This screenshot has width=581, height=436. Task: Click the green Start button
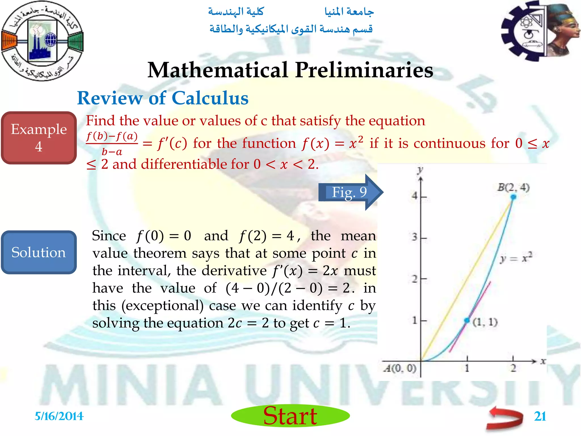[290, 416]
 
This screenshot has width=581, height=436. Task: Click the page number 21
[540, 416]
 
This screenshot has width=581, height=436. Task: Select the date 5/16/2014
[59, 416]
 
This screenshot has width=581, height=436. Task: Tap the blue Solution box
[39, 252]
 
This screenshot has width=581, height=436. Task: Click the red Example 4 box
[39, 138]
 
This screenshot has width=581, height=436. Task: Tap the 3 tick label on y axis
[414, 237]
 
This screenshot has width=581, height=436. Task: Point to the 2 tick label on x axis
[513, 368]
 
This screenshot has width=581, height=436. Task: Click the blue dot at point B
[513, 197]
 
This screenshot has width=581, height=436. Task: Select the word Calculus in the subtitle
[210, 98]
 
